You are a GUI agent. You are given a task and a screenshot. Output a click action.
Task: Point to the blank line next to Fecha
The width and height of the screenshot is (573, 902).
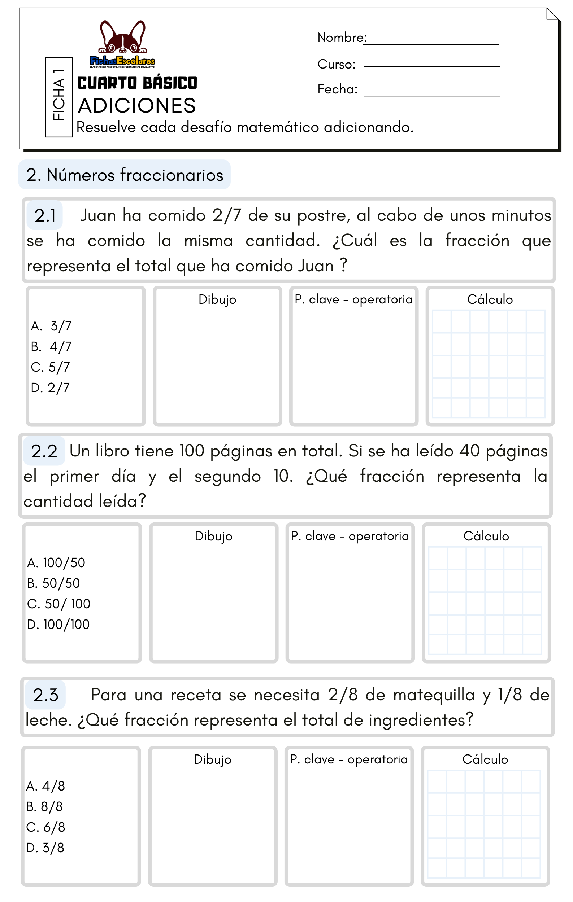tap(432, 96)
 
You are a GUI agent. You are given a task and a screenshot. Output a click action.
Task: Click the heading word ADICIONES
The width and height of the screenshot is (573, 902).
tap(137, 106)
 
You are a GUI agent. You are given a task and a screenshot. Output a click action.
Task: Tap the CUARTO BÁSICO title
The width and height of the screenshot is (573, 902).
tap(137, 83)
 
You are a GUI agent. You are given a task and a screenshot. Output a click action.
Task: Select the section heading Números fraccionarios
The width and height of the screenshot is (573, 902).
tap(125, 175)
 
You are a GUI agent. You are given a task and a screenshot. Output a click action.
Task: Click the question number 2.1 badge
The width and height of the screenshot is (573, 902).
tap(45, 215)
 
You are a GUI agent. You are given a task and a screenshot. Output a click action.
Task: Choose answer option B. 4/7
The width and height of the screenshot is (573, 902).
tap(51, 346)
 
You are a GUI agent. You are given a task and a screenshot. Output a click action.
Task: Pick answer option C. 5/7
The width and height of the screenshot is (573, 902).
tap(51, 367)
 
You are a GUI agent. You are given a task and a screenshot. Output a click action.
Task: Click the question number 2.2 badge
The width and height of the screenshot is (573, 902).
tap(44, 451)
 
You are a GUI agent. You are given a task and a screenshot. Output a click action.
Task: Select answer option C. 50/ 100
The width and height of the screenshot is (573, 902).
tap(59, 604)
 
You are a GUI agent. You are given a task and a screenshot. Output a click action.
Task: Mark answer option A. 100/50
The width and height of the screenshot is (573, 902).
tap(56, 562)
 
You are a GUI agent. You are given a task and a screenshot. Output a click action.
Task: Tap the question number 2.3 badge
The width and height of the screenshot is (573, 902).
tap(45, 695)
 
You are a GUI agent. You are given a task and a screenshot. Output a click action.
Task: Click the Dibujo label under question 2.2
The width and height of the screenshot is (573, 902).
tap(213, 536)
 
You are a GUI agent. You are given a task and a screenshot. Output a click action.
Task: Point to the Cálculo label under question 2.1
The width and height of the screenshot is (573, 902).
tap(490, 299)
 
